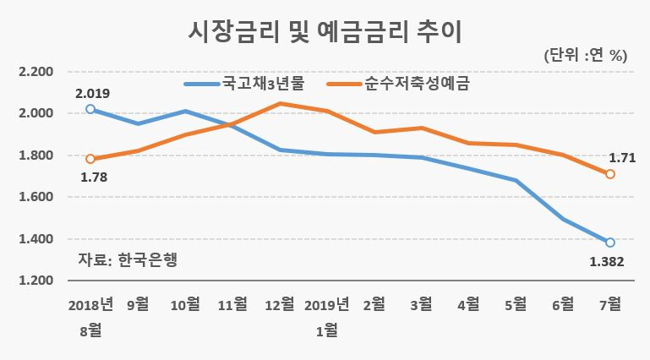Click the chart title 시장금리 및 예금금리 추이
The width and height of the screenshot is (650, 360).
click(x=325, y=32)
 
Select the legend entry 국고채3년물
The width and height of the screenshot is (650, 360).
click(x=244, y=84)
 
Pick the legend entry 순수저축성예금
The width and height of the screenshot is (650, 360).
click(x=398, y=84)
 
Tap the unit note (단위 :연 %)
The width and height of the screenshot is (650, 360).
click(x=585, y=55)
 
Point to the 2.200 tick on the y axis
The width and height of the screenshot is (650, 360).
click(x=36, y=72)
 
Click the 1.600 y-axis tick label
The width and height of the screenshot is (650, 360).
click(x=36, y=197)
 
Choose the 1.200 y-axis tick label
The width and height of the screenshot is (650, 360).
click(x=36, y=281)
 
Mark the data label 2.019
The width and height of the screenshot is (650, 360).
click(x=93, y=94)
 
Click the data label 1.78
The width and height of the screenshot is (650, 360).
click(x=94, y=177)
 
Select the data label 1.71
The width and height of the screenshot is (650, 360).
click(x=622, y=158)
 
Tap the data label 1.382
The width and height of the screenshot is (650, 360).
click(x=607, y=262)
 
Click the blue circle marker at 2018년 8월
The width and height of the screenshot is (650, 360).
click(x=90, y=109)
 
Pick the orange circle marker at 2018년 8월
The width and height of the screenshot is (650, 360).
click(x=90, y=159)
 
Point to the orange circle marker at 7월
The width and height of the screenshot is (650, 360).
click(x=609, y=174)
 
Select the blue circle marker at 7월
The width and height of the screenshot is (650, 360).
click(x=609, y=243)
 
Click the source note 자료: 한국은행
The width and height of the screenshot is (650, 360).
click(x=128, y=259)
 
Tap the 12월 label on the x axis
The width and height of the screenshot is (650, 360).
click(x=280, y=304)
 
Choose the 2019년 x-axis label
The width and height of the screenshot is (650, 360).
click(x=327, y=304)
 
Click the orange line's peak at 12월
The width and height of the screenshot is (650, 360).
click(x=280, y=103)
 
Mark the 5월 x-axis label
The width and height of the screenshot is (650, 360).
click(x=516, y=304)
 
